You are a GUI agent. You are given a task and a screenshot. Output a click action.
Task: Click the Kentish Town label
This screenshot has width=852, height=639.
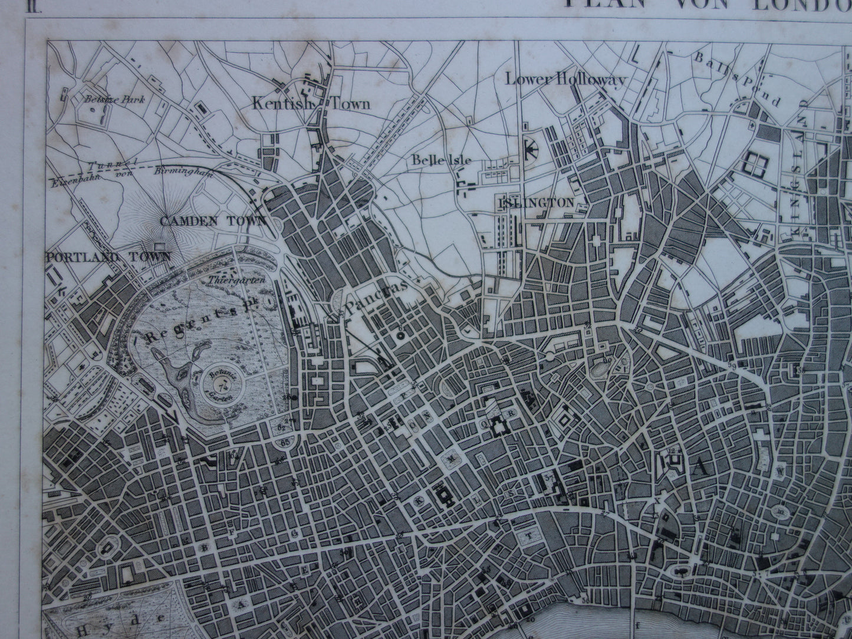pos(311,104)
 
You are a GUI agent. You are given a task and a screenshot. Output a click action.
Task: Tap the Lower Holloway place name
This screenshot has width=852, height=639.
pos(564,80)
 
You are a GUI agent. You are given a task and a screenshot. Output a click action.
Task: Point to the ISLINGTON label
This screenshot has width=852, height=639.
pos(536,202)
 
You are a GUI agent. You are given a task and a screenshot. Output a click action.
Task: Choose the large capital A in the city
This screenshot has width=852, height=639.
pos(700,468)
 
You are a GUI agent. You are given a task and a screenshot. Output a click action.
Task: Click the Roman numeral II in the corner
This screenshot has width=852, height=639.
pos(9,6)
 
